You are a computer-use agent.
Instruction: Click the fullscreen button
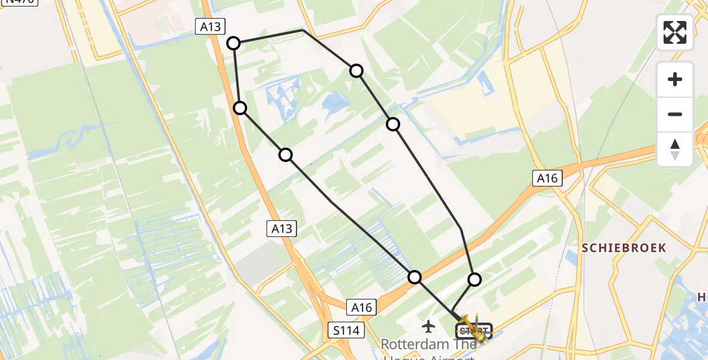pyautogui.click(x=675, y=32)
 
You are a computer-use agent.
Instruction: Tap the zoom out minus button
pyautogui.click(x=675, y=114)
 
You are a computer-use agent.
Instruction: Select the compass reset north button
pyautogui.click(x=675, y=149)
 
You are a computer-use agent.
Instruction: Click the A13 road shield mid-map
pyautogui.click(x=281, y=229)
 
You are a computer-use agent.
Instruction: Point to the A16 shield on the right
pyautogui.click(x=547, y=178)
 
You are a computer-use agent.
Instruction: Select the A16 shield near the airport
pyautogui.click(x=362, y=308)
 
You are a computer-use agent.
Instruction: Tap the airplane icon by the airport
pyautogui.click(x=428, y=326)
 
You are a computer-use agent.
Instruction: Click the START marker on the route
pyautogui.click(x=473, y=331)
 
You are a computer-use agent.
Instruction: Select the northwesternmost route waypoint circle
pyautogui.click(x=233, y=43)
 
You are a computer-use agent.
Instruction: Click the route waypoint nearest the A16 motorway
pyautogui.click(x=415, y=277)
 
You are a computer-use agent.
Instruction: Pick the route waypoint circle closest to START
pyautogui.click(x=475, y=279)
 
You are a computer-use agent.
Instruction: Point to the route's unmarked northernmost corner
pyautogui.click(x=303, y=29)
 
